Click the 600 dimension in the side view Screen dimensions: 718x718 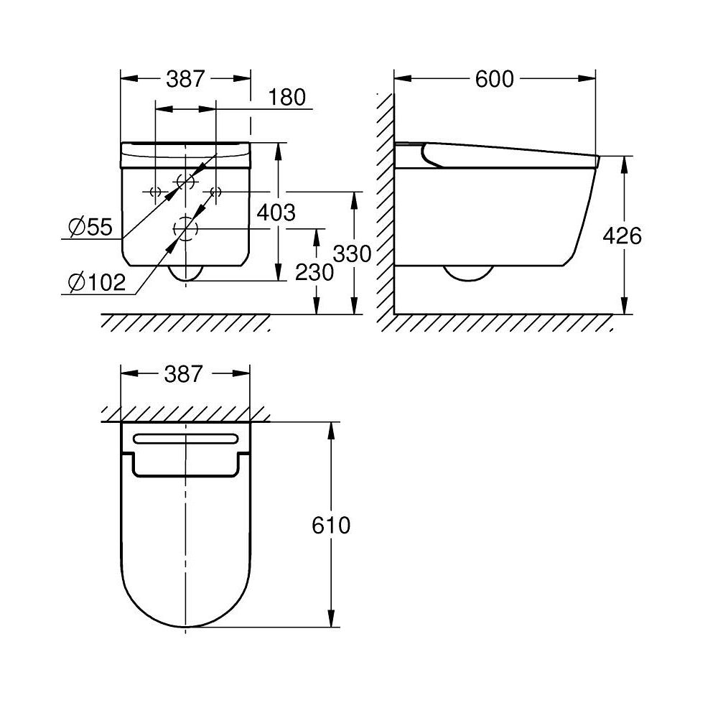[x=495, y=79]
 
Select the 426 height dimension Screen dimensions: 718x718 [x=622, y=235]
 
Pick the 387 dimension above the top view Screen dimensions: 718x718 [x=186, y=373]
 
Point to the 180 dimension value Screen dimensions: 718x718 [x=289, y=97]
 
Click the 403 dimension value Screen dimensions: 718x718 [x=276, y=212]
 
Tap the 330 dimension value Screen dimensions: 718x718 [x=353, y=253]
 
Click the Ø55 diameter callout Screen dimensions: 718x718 [x=91, y=228]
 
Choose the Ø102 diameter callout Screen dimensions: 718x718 [x=96, y=283]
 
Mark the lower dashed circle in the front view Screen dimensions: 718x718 [x=186, y=230]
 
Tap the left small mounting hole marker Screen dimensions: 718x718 [x=154, y=192]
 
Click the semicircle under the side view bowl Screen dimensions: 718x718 [x=468, y=273]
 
